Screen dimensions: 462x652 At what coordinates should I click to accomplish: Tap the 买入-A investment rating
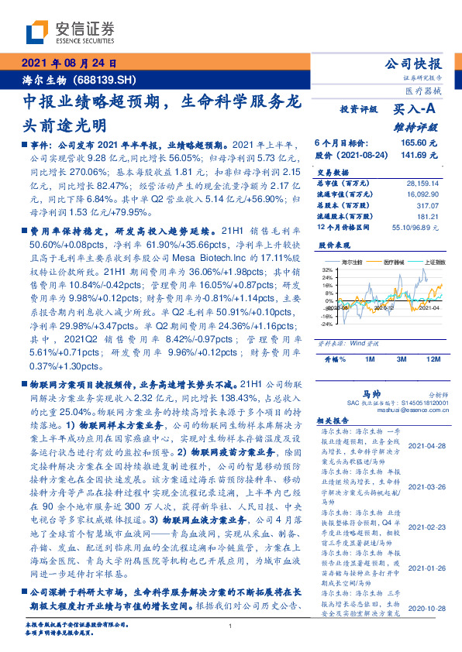415,111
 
